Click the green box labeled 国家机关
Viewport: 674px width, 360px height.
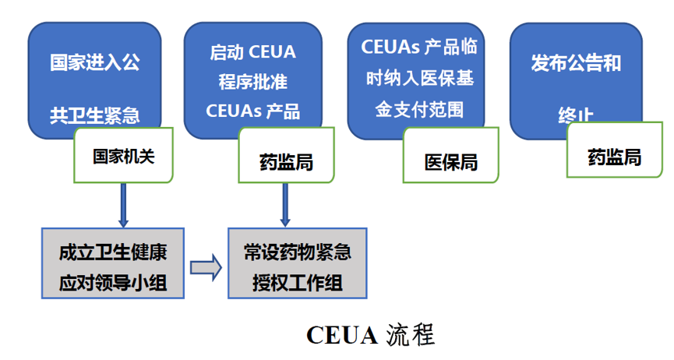point(124,156)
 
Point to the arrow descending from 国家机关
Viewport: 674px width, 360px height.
point(122,204)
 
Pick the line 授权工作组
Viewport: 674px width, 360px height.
point(298,281)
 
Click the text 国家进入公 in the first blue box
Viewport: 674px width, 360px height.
point(95,63)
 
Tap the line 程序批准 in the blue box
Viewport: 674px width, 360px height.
point(253,82)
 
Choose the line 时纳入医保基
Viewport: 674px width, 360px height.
point(419,78)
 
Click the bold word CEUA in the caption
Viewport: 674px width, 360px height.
point(341,335)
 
